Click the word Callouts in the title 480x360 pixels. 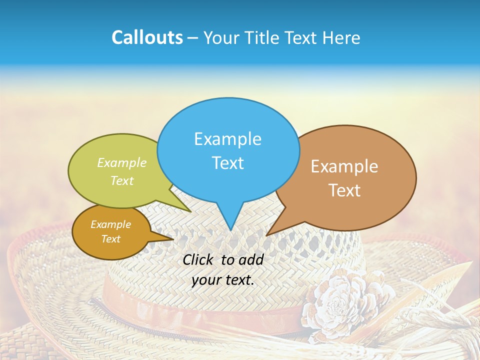(x=147, y=37)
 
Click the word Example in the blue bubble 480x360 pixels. (x=227, y=139)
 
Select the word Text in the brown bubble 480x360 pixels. (x=344, y=190)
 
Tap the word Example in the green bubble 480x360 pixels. (x=122, y=163)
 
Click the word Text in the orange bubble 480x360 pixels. (x=110, y=239)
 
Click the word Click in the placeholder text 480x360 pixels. (x=198, y=259)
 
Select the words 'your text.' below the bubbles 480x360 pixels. (x=223, y=280)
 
